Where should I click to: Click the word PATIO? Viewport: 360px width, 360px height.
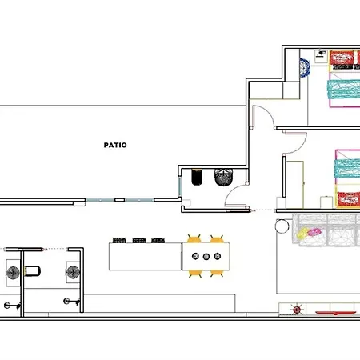tap(115, 145)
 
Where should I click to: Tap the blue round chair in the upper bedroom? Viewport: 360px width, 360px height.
tap(305, 68)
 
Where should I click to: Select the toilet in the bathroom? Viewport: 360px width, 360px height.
tap(32, 271)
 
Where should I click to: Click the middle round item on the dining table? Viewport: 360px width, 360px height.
tap(206, 257)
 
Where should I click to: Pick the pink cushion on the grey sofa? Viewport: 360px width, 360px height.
tap(314, 232)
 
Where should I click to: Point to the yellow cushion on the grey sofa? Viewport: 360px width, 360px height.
tap(302, 234)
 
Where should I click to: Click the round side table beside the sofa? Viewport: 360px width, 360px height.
tap(282, 226)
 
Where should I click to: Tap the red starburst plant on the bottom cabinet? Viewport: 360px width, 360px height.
tap(297, 310)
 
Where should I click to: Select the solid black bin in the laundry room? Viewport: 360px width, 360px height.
tap(197, 177)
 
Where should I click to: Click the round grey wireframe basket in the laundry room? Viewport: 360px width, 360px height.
tap(223, 177)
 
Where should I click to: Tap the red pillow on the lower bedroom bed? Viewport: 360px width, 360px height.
tap(349, 199)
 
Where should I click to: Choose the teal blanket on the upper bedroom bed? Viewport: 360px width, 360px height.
tap(344, 90)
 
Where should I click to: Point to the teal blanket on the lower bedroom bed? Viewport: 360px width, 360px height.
tap(347, 168)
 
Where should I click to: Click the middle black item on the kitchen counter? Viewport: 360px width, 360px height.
tap(139, 241)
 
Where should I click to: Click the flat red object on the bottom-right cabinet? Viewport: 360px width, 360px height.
tap(335, 313)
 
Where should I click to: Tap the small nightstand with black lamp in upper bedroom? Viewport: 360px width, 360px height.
tap(321, 56)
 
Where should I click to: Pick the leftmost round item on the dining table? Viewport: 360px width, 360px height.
tap(195, 256)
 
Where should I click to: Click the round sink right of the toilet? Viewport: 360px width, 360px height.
tap(73, 272)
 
